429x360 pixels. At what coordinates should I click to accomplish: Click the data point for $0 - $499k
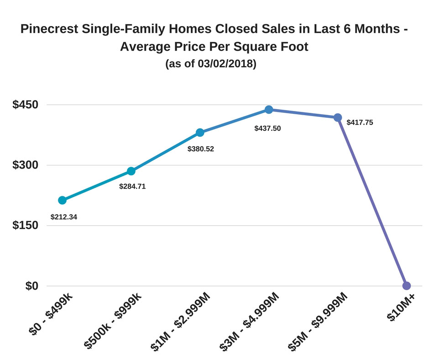click(63, 200)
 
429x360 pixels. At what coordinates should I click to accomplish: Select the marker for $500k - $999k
click(131, 171)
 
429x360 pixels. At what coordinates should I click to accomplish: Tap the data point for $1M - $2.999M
click(200, 132)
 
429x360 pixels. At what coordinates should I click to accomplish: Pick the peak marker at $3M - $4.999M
click(269, 110)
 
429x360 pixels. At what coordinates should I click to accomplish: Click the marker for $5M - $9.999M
click(338, 117)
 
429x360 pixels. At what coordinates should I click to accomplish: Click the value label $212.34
click(63, 217)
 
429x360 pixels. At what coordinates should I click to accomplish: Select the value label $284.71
click(132, 186)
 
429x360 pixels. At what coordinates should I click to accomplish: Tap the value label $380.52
click(201, 148)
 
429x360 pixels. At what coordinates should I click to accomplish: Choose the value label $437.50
click(267, 128)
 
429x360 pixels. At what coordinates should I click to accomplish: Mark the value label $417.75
click(360, 122)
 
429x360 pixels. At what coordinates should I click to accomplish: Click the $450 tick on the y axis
click(26, 105)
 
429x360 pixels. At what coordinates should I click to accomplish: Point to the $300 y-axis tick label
click(26, 165)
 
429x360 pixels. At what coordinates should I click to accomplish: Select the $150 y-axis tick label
click(26, 225)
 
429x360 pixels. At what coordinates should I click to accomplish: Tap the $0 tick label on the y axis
click(31, 286)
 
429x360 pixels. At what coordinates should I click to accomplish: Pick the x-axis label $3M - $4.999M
click(250, 322)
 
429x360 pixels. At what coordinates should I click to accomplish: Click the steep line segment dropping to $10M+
click(372, 201)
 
